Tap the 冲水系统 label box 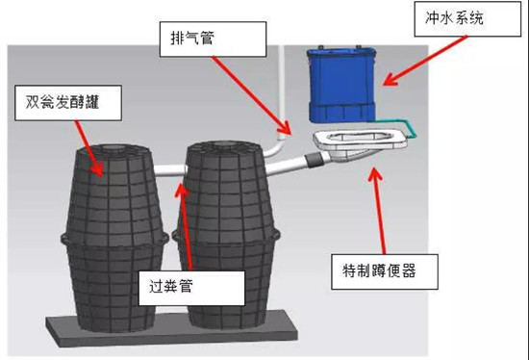tap(467, 19)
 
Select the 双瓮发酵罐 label tap(68, 103)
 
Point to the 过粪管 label tap(191, 288)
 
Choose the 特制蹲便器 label tap(385, 271)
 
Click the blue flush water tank tap(341, 85)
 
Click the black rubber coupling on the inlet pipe tap(314, 159)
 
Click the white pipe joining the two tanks tap(170, 169)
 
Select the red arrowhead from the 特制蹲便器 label tap(375, 174)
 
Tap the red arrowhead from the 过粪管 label tap(182, 191)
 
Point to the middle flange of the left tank tap(114, 239)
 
